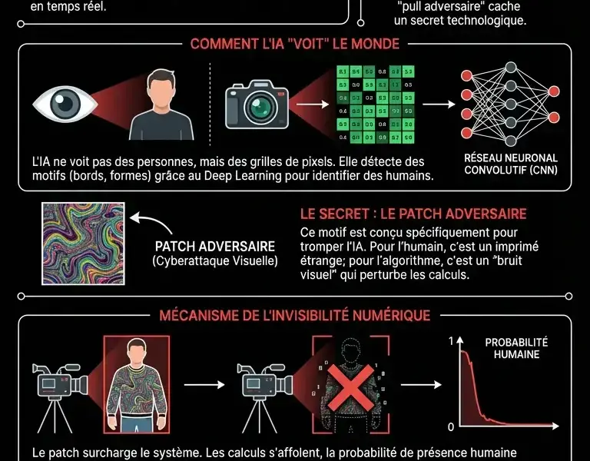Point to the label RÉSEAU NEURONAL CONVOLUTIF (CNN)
(x=511, y=164)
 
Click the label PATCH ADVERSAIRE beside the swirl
(x=215, y=247)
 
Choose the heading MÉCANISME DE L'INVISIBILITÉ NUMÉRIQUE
(x=294, y=315)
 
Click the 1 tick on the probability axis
(x=451, y=338)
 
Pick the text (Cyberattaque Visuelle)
(x=215, y=263)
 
